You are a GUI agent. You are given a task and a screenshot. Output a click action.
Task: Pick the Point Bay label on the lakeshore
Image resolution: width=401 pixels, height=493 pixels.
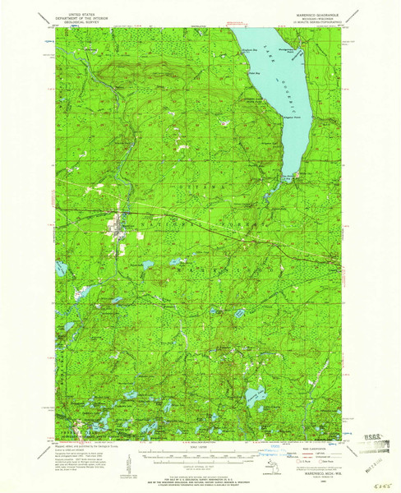[x=255, y=73]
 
